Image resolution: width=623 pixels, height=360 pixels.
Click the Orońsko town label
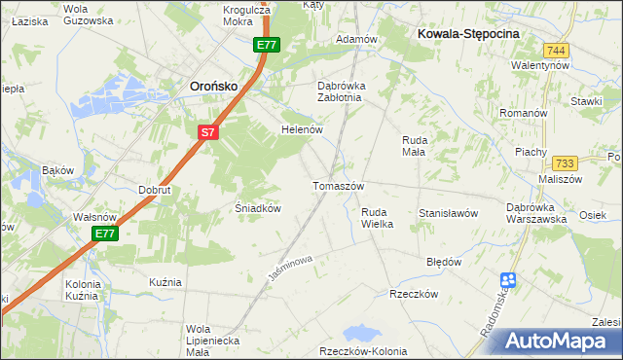tap(212, 87)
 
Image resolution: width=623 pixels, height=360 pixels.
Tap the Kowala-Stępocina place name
tap(468, 33)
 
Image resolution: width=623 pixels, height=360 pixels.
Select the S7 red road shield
tap(207, 133)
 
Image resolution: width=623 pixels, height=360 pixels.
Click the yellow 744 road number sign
tap(557, 51)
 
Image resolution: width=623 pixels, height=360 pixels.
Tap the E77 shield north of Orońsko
tap(267, 46)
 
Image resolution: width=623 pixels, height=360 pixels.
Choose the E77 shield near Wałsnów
tap(107, 234)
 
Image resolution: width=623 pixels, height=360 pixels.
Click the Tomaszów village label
tap(338, 186)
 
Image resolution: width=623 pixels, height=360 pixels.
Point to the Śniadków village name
tap(259, 208)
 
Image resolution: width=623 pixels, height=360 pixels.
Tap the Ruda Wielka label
tap(377, 218)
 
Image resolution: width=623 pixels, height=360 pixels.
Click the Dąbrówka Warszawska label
tap(537, 213)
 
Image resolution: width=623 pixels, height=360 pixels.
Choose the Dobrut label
tap(155, 190)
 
